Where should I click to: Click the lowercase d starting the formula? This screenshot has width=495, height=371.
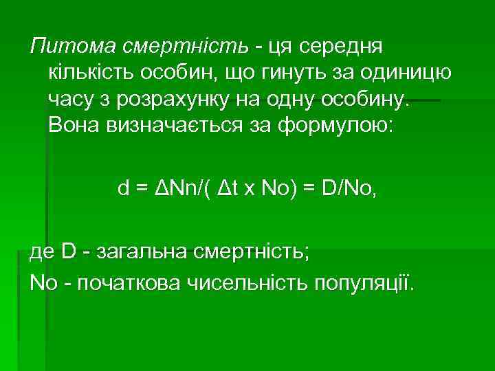click(x=124, y=190)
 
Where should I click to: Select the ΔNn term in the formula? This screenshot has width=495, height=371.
click(x=174, y=190)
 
